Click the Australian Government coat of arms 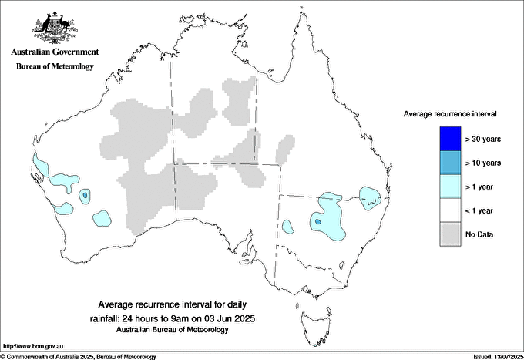tap(54, 26)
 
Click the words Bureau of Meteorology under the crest tap(55, 67)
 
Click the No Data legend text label tap(480, 234)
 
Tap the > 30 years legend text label tap(483, 139)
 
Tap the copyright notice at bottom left tap(79, 356)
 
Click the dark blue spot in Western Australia tap(84, 197)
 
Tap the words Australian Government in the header tap(55, 52)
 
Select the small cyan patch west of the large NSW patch tap(287, 227)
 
